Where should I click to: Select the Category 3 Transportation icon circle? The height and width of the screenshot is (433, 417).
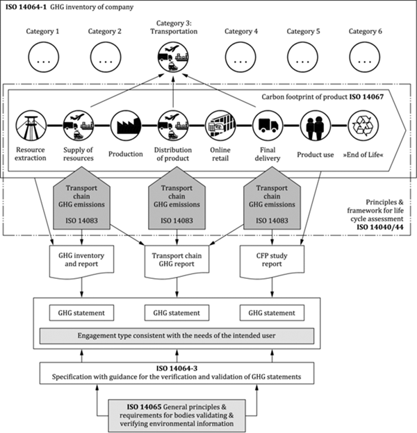pyautogui.click(x=173, y=57)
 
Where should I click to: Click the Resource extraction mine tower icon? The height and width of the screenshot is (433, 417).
pyautogui.click(x=31, y=126)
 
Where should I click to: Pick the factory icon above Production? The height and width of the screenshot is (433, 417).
pyautogui.click(x=126, y=126)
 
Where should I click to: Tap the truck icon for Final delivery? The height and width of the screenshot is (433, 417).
pyautogui.click(x=268, y=126)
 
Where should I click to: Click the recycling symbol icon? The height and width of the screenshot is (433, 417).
pyautogui.click(x=363, y=126)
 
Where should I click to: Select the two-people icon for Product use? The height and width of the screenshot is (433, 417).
pyautogui.click(x=316, y=126)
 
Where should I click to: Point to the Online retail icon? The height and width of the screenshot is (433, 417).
pyautogui.click(x=220, y=126)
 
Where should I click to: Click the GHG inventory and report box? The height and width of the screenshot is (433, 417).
pyautogui.click(x=81, y=260)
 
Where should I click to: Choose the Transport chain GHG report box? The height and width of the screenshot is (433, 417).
pyautogui.click(x=177, y=260)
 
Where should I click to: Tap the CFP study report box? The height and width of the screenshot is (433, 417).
pyautogui.click(x=272, y=260)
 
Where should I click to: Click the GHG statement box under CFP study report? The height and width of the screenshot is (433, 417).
pyautogui.click(x=272, y=313)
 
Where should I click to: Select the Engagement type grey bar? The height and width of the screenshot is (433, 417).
pyautogui.click(x=177, y=336)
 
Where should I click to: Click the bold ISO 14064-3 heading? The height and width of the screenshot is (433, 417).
pyautogui.click(x=177, y=368)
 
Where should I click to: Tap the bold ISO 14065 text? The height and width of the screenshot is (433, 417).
pyautogui.click(x=144, y=407)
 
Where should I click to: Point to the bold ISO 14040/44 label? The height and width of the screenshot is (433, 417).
pyautogui.click(x=380, y=227)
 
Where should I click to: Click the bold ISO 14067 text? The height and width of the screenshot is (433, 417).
pyautogui.click(x=366, y=97)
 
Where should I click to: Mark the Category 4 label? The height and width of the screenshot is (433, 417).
pyautogui.click(x=241, y=31)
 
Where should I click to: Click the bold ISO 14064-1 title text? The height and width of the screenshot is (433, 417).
pyautogui.click(x=26, y=7)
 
